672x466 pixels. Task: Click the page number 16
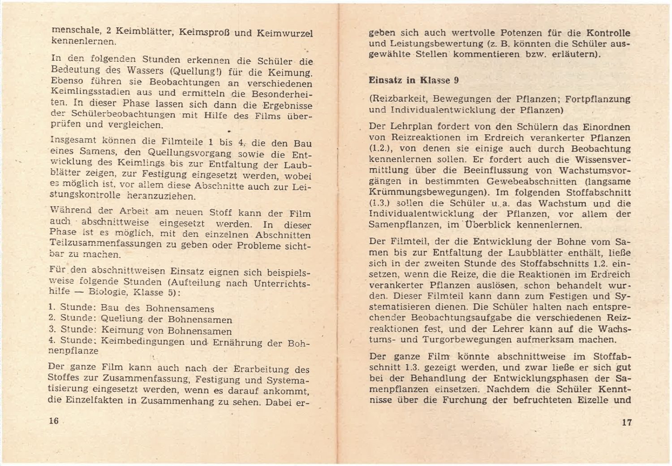[54, 421]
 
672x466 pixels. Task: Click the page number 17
[627, 422]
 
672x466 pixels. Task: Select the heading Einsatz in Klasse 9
[414, 81]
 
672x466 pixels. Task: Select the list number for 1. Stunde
[52, 308]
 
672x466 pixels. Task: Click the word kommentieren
[484, 55]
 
